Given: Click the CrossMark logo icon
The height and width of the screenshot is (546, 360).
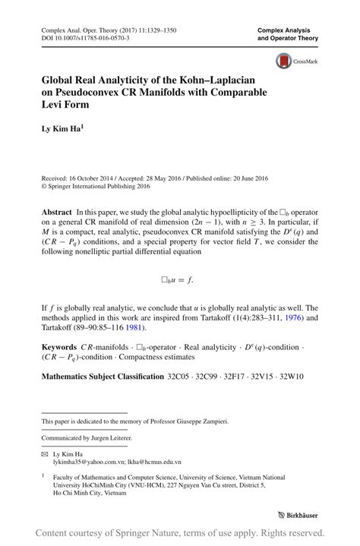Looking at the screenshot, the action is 284,61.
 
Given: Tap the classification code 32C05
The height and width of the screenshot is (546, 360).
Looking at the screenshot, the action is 179,375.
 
